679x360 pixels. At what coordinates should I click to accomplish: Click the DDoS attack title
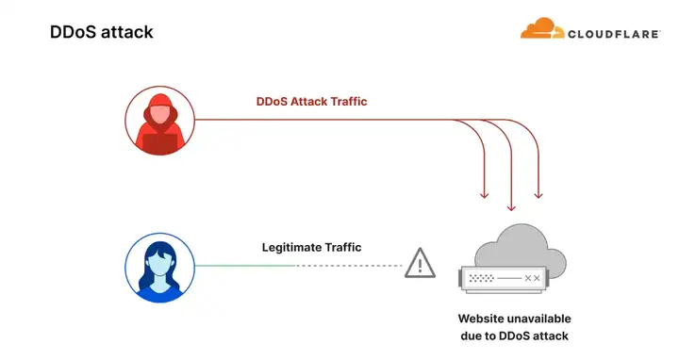pyautogui.click(x=101, y=32)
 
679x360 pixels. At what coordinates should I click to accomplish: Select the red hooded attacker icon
pyautogui.click(x=160, y=122)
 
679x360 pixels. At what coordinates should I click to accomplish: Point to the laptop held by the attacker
pyautogui.click(x=160, y=142)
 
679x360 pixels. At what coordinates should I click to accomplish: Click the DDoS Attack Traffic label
pyautogui.click(x=312, y=102)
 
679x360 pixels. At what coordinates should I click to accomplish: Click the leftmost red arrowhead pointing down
pyautogui.click(x=485, y=194)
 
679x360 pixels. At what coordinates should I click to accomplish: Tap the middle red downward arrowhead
pyautogui.click(x=512, y=205)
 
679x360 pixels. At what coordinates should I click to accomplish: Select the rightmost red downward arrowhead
pyautogui.click(x=538, y=194)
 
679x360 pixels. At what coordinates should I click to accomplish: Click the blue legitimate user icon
pyautogui.click(x=160, y=267)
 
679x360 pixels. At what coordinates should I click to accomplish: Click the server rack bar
pyautogui.click(x=505, y=279)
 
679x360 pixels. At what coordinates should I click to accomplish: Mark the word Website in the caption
pyautogui.click(x=488, y=319)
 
